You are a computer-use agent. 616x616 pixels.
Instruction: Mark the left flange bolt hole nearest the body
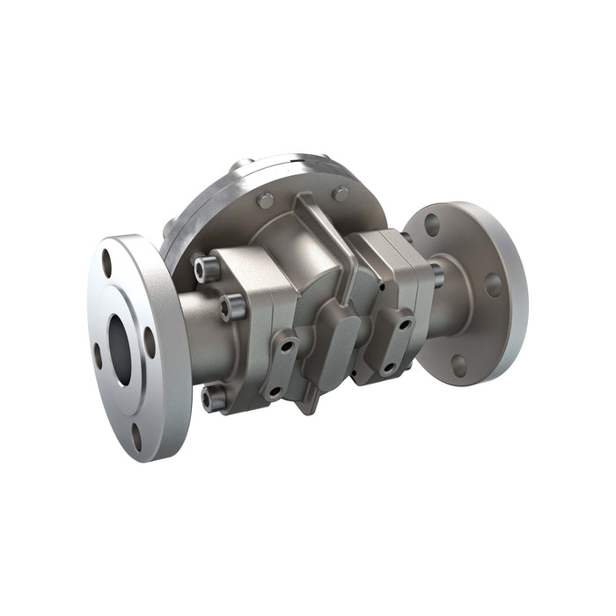(x=150, y=342)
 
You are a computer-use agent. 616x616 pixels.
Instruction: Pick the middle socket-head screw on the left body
(x=233, y=306)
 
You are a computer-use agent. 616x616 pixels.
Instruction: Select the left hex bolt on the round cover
(x=265, y=201)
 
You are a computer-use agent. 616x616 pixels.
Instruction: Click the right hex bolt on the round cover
(x=341, y=194)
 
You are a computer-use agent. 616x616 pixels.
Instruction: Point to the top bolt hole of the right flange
(x=432, y=224)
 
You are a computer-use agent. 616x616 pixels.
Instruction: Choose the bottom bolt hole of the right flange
(x=459, y=365)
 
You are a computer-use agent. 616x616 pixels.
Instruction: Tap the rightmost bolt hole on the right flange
(x=493, y=284)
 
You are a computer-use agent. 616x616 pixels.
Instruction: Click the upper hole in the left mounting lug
(x=285, y=340)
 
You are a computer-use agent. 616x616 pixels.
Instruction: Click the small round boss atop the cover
(x=241, y=165)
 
